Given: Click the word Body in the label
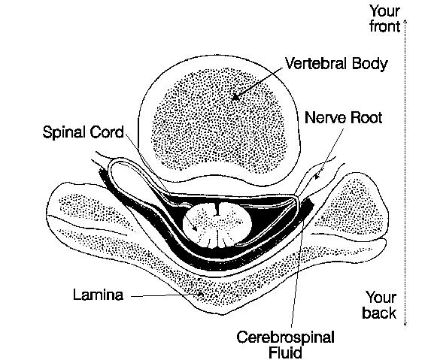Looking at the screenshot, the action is [x=370, y=65].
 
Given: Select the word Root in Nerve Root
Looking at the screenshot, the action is [x=366, y=118].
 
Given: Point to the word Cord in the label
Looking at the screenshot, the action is [x=107, y=132].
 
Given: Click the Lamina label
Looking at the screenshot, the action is [x=99, y=295].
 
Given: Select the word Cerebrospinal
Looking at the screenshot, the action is [x=286, y=338].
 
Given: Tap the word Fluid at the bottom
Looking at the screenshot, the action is [x=286, y=352].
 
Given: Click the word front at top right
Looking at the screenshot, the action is [x=385, y=26].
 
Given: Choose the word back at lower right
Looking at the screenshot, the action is [x=379, y=313].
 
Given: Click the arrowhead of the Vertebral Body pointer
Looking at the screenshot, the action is [x=235, y=96].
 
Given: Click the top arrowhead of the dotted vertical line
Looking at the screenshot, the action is [x=405, y=21].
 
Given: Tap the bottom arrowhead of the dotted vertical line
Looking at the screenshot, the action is [x=405, y=324].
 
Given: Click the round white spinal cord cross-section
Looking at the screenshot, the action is [x=217, y=225].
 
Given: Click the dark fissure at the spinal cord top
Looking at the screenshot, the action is [x=217, y=210].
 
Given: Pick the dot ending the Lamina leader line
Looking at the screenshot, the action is [x=201, y=294].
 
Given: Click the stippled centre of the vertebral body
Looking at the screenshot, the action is [x=220, y=120].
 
